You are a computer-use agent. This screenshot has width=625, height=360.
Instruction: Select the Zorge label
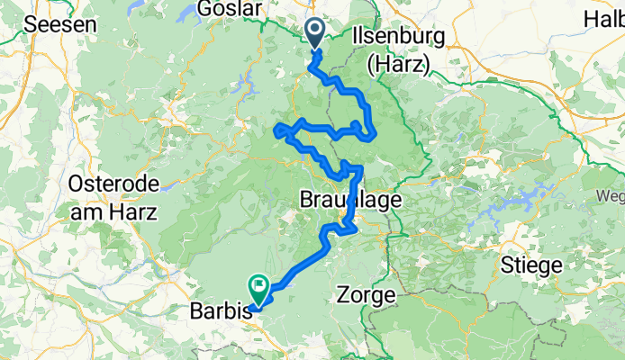(x=365, y=293)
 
